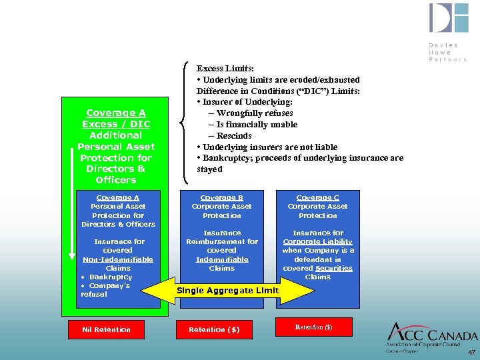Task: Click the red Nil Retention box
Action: pos(106,329)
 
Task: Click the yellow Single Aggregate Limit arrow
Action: pos(227,290)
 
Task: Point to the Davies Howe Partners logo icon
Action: pos(449,18)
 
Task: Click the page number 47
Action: pos(471,351)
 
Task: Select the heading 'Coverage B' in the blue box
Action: pos(222,197)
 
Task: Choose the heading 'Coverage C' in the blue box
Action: pos(318,197)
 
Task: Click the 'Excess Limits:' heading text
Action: pos(224,68)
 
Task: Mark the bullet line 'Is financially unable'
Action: pos(257,125)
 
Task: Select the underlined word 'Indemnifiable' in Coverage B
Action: pos(222,259)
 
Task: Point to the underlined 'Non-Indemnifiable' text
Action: pos(118,259)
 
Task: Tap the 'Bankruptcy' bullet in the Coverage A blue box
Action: pos(111,277)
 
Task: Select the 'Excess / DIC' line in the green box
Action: pos(116,124)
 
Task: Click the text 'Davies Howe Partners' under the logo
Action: pos(447,52)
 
